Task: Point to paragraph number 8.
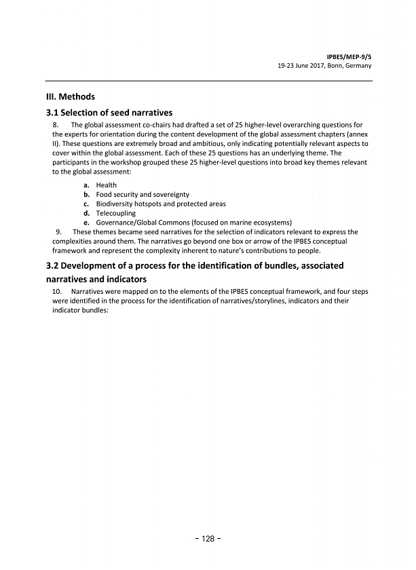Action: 56,125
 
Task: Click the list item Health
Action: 106,185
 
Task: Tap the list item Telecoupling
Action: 115,213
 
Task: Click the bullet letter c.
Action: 86,204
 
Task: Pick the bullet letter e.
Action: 86,223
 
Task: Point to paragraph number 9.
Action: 60,232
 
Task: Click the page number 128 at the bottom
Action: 208,538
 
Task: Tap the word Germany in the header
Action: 359,65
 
